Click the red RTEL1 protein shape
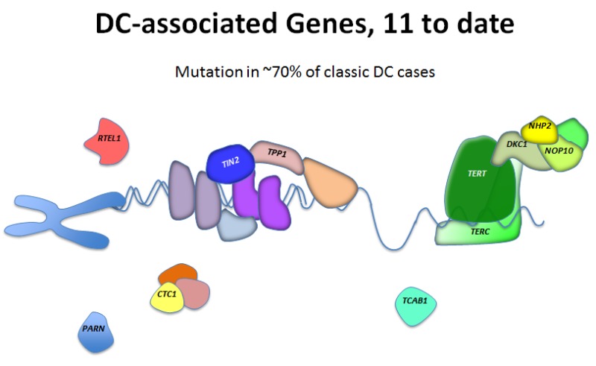107,142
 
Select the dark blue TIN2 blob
230,163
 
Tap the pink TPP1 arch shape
276,155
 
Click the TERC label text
480,231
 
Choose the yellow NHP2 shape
539,129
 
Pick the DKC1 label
517,144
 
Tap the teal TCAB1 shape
416,306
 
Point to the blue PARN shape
95,332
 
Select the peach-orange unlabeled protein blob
329,183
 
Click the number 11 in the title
398,24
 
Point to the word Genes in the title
329,25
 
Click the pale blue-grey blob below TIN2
237,226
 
